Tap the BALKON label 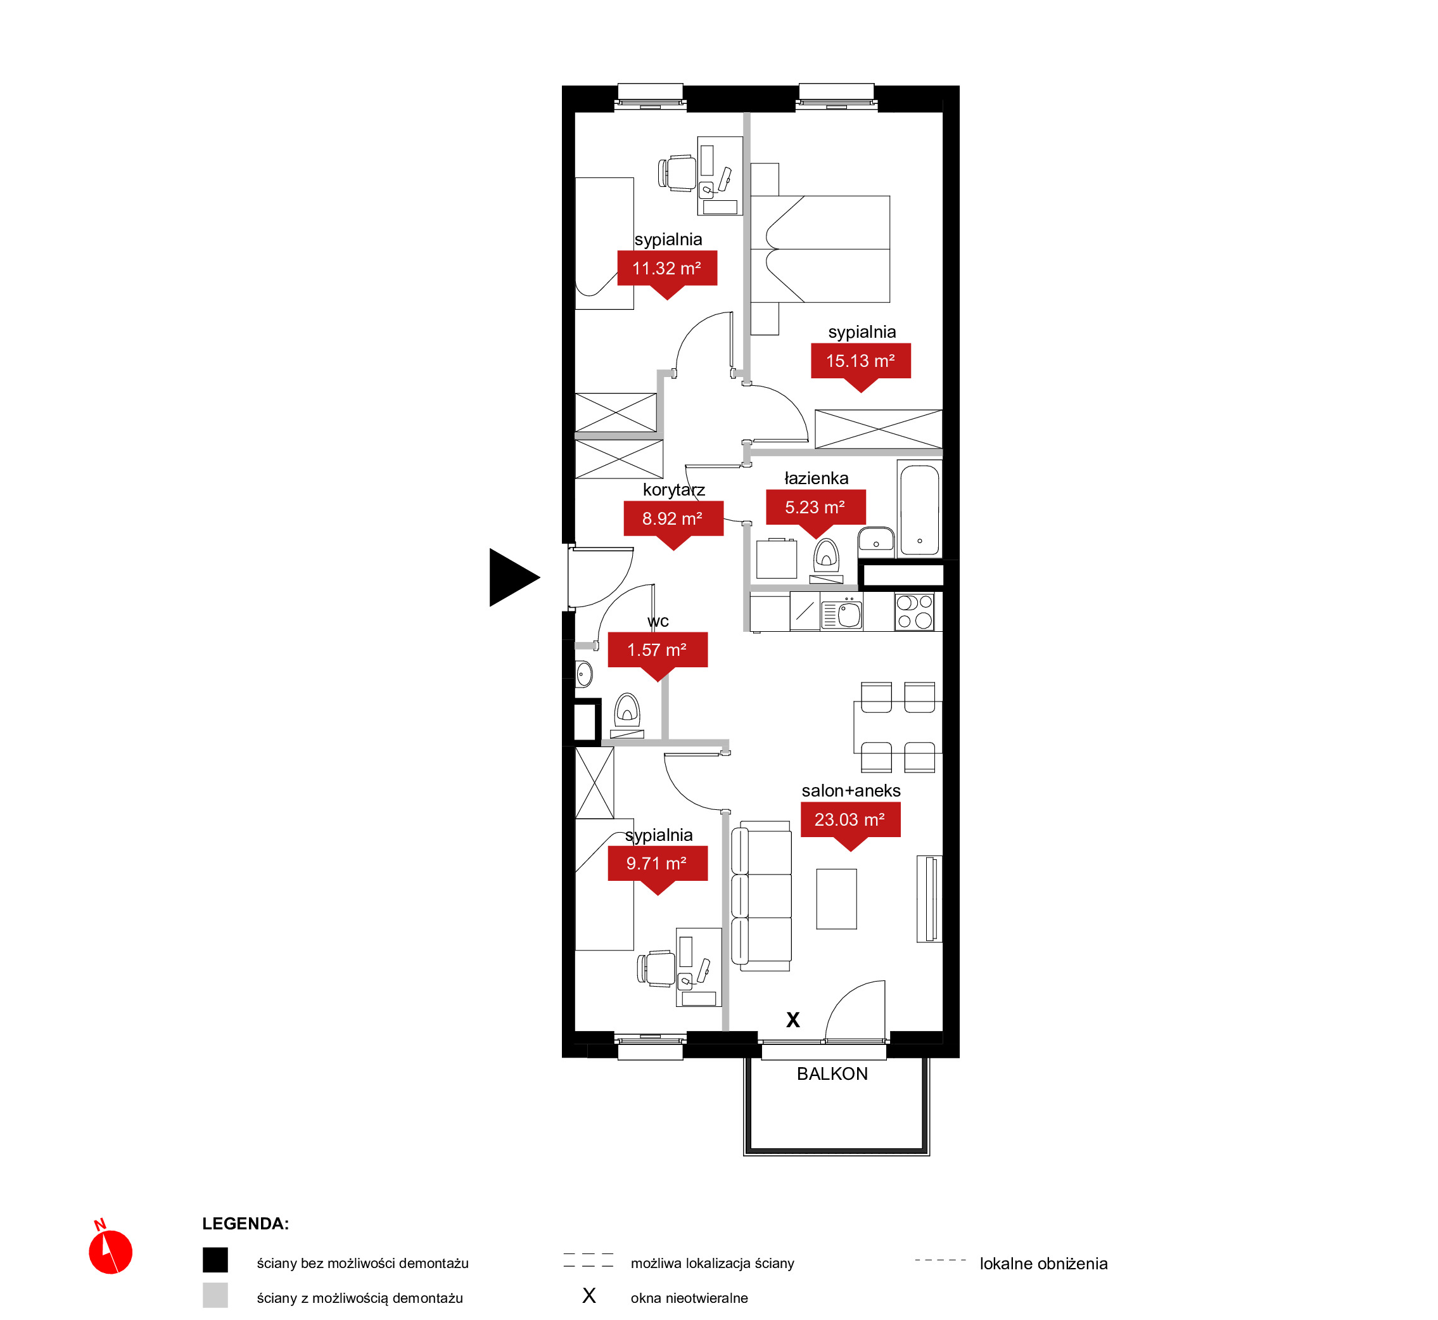tap(832, 1073)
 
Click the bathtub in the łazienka tap(919, 509)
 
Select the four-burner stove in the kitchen tap(914, 612)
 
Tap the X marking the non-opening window tap(792, 1019)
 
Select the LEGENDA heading tap(245, 1224)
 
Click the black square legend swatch tap(215, 1260)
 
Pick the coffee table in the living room tap(836, 899)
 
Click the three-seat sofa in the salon tap(761, 895)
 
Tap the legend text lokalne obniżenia tap(1043, 1264)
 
